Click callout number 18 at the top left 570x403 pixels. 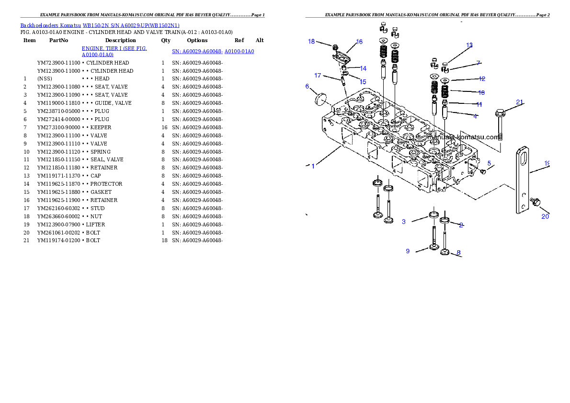311,42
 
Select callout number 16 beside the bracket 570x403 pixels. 359,42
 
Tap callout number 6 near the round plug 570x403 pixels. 308,86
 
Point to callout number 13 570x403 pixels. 469,45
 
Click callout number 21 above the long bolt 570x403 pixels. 520,101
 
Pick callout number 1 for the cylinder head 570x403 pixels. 313,166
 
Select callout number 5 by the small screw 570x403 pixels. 489,163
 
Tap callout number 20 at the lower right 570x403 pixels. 545,216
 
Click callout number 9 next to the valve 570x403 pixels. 408,251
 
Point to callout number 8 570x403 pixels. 458,253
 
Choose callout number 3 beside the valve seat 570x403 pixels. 404,222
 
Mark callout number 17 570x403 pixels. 318,76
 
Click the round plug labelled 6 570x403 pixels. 319,99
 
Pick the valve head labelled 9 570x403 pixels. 433,247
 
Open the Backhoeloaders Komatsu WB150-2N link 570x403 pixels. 100,25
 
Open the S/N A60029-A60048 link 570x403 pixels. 213,51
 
